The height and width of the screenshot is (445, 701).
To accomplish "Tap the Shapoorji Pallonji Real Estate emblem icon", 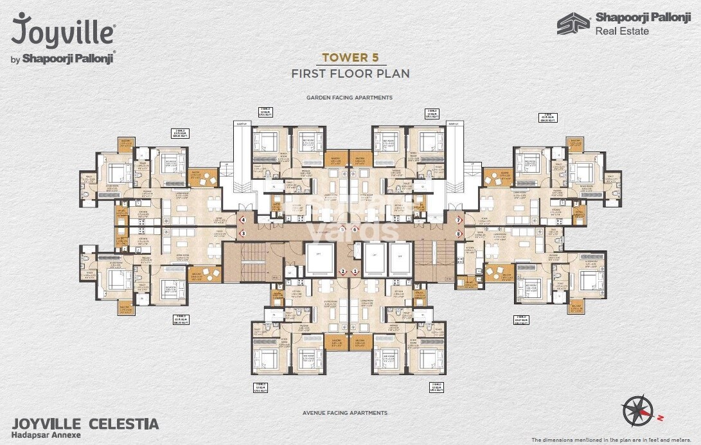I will click(x=572, y=24).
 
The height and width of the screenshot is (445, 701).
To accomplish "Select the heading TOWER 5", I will click(x=350, y=58).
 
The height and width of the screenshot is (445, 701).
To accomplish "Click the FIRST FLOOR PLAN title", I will click(x=350, y=73).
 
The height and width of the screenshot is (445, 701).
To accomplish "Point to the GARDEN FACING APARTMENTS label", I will click(x=350, y=98).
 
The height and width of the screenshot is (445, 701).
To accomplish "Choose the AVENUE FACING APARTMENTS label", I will click(x=345, y=413).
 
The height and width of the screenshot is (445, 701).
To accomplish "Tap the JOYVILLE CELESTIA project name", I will click(x=85, y=424).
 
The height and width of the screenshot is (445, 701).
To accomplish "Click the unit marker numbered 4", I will click(x=244, y=220).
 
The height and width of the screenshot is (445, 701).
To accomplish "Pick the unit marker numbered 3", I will click(x=244, y=234).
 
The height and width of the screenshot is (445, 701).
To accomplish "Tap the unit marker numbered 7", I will click(x=459, y=220).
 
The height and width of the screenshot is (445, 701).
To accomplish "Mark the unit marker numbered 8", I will click(x=459, y=234).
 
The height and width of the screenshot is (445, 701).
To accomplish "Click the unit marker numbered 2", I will click(x=343, y=272).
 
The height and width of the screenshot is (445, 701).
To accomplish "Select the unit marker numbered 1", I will click(x=355, y=272).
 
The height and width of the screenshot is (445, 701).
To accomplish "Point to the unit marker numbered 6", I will click(x=355, y=229).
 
